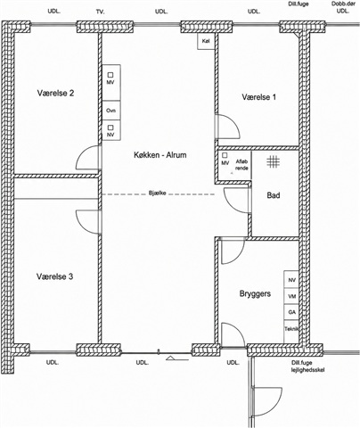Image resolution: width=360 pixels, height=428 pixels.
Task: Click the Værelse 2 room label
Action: pyautogui.click(x=55, y=93)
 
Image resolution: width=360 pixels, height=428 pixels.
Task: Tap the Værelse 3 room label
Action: pyautogui.click(x=55, y=276)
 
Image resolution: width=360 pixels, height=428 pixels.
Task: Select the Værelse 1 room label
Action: pyautogui.click(x=259, y=97)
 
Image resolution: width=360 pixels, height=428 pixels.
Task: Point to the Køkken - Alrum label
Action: pyautogui.click(x=160, y=155)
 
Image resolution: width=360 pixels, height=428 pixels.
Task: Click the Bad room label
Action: pyautogui.click(x=274, y=195)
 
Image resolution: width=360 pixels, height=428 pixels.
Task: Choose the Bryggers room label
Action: pyautogui.click(x=255, y=294)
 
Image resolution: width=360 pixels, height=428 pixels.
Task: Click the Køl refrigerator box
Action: pyautogui.click(x=206, y=41)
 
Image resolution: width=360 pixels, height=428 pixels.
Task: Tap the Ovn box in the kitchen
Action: pyautogui.click(x=111, y=111)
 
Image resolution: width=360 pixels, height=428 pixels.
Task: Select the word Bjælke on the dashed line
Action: pyautogui.click(x=157, y=193)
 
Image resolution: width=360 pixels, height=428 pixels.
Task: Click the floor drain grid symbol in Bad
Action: pyautogui.click(x=273, y=161)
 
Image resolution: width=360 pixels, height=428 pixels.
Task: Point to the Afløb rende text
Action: pyautogui.click(x=241, y=165)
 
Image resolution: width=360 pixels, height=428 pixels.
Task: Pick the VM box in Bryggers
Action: pyautogui.click(x=291, y=296)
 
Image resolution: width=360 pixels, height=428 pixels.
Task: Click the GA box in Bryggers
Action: pyautogui.click(x=291, y=312)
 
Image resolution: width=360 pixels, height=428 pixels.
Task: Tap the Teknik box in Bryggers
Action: pyautogui.click(x=291, y=332)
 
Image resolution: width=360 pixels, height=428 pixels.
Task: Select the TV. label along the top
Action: pyautogui.click(x=101, y=12)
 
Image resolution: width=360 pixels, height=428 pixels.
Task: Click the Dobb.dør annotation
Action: pyautogui.click(x=343, y=4)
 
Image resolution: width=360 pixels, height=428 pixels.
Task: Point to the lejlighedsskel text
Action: pyautogui.click(x=307, y=370)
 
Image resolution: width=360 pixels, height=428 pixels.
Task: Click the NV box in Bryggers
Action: pyautogui.click(x=291, y=280)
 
